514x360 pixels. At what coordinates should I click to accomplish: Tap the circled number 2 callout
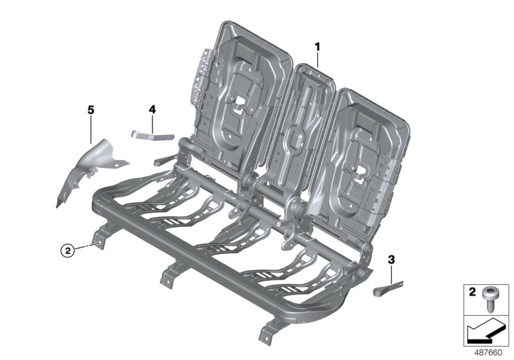click(67, 250)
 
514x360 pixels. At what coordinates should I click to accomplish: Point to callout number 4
click(152, 110)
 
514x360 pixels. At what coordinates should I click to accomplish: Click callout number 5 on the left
click(91, 111)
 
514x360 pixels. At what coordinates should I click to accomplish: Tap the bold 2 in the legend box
click(472, 292)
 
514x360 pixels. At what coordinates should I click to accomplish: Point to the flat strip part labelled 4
click(152, 134)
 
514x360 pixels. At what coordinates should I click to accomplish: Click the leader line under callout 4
click(152, 124)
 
